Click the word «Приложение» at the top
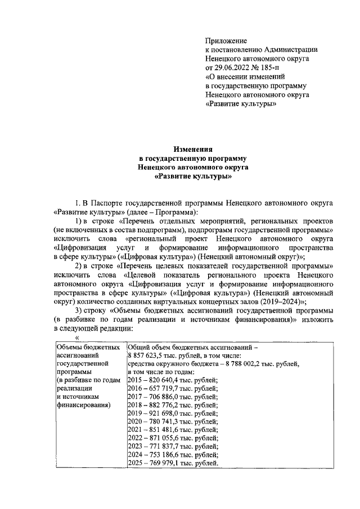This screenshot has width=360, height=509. [x=227, y=41]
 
